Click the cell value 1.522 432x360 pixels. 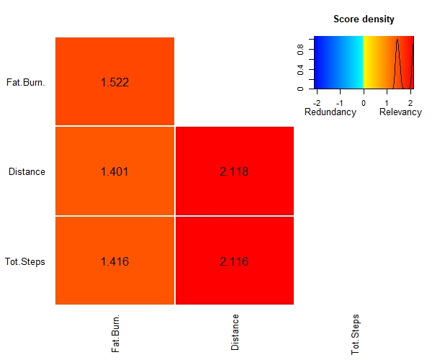pyautogui.click(x=115, y=82)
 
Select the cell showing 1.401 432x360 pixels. pyautogui.click(x=114, y=171)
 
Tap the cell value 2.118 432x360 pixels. pyautogui.click(x=234, y=171)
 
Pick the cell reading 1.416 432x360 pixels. pyautogui.click(x=115, y=261)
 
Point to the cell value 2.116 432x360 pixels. pyautogui.click(x=234, y=261)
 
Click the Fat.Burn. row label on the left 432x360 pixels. pyautogui.click(x=26, y=82)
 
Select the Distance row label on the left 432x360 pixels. pyautogui.click(x=27, y=171)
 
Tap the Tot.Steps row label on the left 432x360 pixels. pyautogui.click(x=24, y=261)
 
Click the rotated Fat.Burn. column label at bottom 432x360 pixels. pyautogui.click(x=115, y=333)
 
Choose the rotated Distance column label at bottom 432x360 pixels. pyautogui.click(x=235, y=332)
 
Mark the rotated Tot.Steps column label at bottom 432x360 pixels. pyautogui.click(x=355, y=334)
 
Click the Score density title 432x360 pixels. pyautogui.click(x=364, y=19)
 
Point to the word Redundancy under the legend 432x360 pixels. pyautogui.click(x=330, y=112)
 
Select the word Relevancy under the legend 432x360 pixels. pyautogui.click(x=400, y=112)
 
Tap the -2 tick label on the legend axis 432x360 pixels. pyautogui.click(x=317, y=103)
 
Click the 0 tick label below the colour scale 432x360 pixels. pyautogui.click(x=364, y=103)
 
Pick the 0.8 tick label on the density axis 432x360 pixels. pyautogui.click(x=300, y=50)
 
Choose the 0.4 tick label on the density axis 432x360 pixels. pyautogui.click(x=300, y=70)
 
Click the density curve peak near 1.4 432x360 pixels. pyautogui.click(x=397, y=40)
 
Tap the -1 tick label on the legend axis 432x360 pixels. pyautogui.click(x=340, y=103)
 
